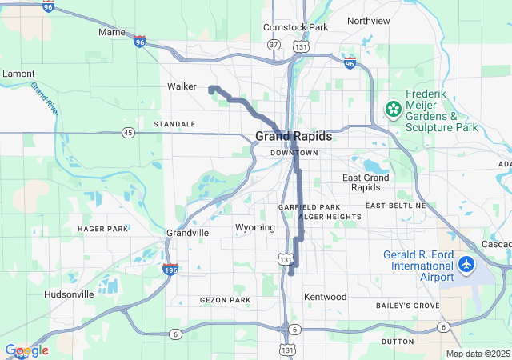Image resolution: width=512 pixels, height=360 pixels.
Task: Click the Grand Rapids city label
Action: pos(293,136)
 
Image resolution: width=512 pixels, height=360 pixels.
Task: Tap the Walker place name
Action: pos(182,86)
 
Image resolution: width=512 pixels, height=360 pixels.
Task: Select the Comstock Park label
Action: pos(296,27)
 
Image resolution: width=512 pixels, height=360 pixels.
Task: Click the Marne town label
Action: pos(111,33)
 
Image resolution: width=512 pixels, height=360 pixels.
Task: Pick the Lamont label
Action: pos(18,73)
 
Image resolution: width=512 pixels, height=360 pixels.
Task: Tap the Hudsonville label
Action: pos(69,294)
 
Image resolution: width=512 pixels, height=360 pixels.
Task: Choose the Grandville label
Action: pos(187,233)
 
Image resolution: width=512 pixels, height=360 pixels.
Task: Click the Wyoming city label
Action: pos(255,228)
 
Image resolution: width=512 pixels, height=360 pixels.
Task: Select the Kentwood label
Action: pos(325,297)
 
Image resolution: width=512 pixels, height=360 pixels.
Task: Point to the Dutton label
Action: pos(398,342)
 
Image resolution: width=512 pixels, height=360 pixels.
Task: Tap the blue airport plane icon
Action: pos(467,264)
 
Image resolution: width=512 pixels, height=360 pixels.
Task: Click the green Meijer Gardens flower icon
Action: pos(394,109)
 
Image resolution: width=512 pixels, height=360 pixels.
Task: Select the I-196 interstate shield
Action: pos(170,270)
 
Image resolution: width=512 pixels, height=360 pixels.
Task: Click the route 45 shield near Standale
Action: pos(128,132)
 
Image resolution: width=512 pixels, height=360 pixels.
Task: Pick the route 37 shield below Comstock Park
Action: pos(274,45)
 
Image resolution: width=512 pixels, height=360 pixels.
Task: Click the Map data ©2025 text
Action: pos(477,354)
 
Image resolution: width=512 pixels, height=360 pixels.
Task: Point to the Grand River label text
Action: pos(44,100)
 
